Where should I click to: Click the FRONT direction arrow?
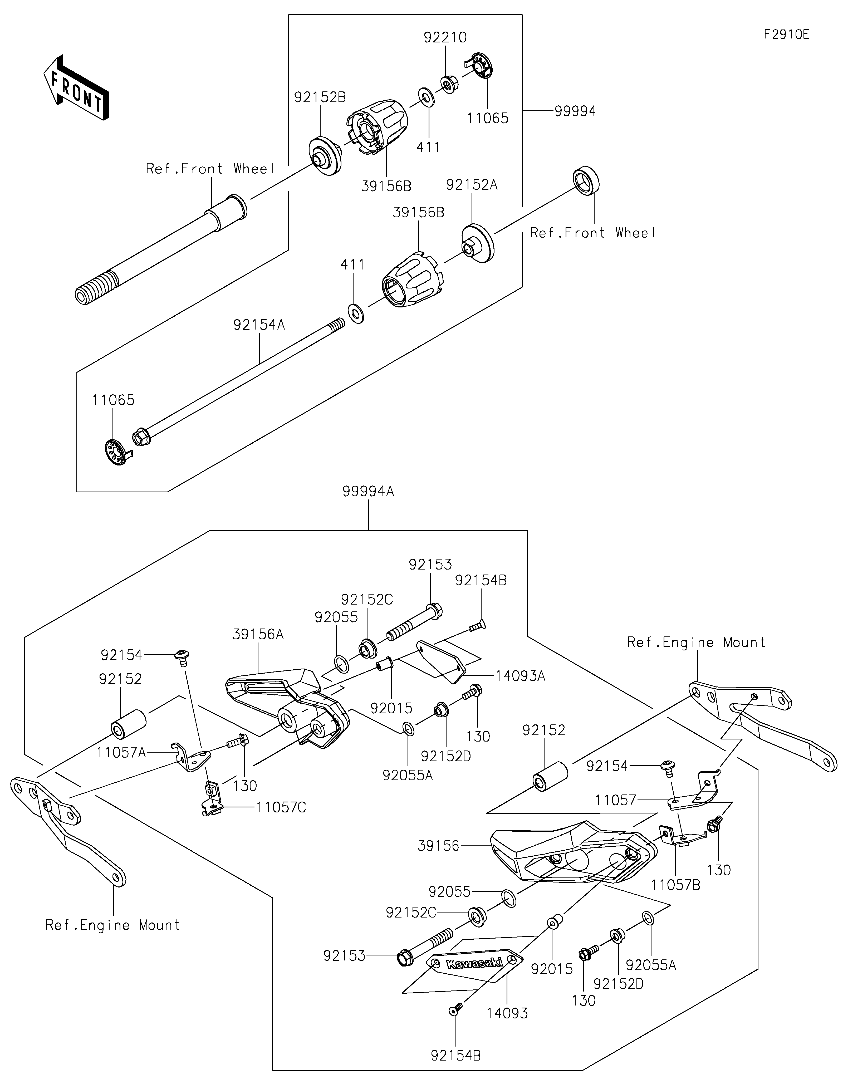coord(76,87)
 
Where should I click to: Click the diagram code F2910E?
coord(786,35)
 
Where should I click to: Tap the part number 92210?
coord(445,37)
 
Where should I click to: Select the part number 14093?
coord(507,1013)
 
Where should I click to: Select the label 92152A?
coord(472,184)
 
